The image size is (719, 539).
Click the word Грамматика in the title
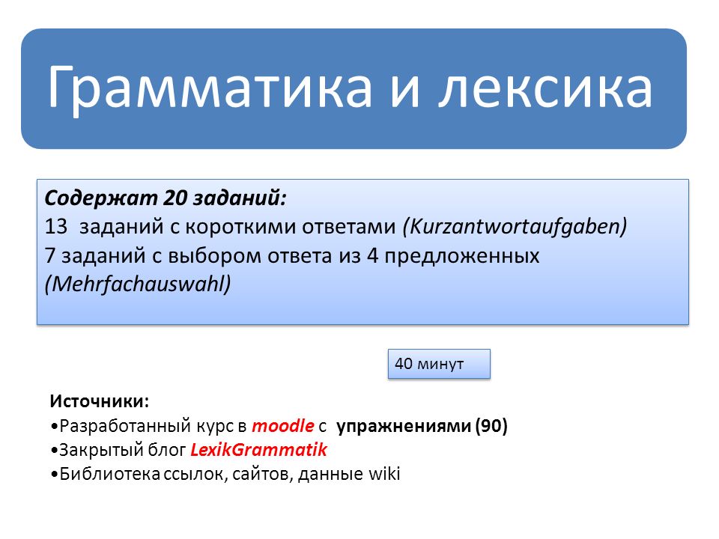210,87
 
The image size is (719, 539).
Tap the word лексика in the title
545,87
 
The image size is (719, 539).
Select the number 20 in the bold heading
175,198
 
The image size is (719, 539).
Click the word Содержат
101,198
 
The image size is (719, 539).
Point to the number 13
56,226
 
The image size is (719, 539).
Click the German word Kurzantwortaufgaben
515,227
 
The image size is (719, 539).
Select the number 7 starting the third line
50,255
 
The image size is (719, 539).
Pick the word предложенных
462,256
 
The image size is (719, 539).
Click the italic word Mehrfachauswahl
138,284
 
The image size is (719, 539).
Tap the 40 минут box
439,364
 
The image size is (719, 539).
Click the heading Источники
100,401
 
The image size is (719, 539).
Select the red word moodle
283,426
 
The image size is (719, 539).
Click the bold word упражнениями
404,426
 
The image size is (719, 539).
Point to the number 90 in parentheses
491,426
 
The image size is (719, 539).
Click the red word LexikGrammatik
258,450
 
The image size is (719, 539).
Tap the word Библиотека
109,473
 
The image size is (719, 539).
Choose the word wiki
384,473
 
